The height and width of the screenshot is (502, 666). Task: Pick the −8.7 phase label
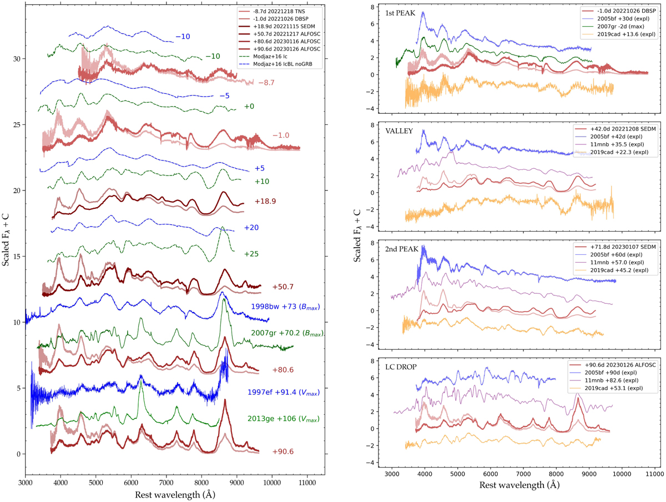(x=265, y=83)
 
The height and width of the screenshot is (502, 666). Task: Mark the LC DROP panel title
(x=400, y=365)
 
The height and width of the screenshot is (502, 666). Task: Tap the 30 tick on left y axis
(x=17, y=59)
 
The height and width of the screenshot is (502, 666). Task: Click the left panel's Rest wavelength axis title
(x=175, y=494)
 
